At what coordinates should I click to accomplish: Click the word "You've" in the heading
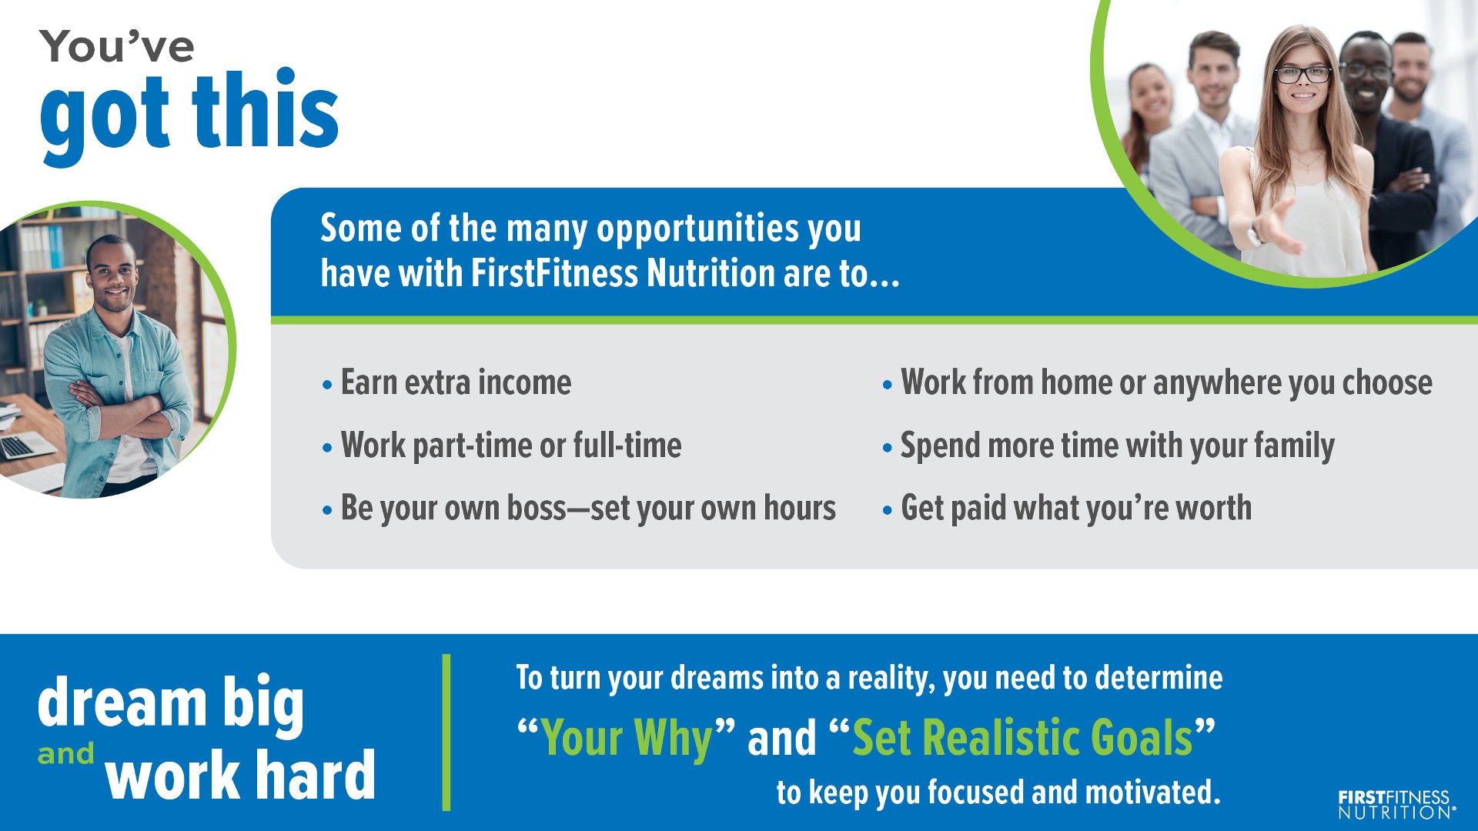[x=117, y=46]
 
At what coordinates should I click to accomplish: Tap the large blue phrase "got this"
[x=189, y=115]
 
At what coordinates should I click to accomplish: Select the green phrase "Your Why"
[x=627, y=739]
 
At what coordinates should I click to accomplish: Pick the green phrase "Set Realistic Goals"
[x=1022, y=738]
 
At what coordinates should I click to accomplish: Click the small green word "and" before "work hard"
[x=66, y=754]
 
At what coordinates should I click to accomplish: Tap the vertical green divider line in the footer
[x=446, y=732]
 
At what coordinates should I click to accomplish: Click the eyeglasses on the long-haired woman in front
[x=1302, y=75]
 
